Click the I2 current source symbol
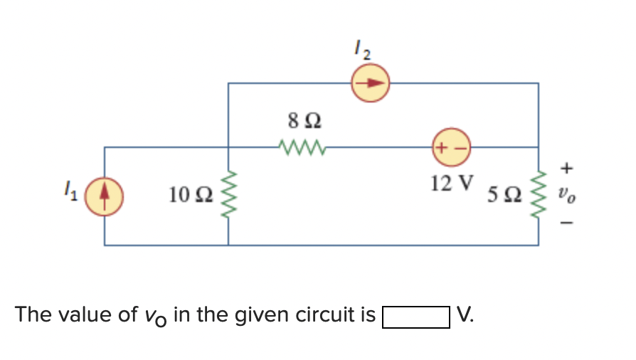(369, 83)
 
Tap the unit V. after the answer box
(465, 314)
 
